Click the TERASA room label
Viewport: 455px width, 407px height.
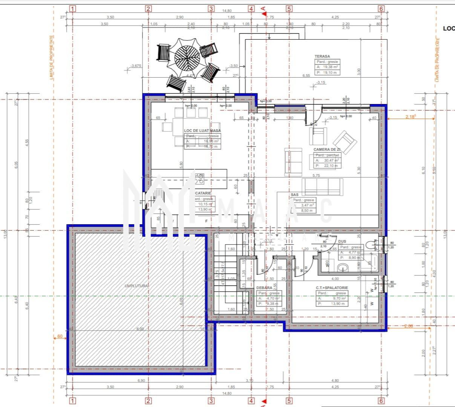point(322,57)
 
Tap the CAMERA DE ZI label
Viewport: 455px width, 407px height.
point(326,150)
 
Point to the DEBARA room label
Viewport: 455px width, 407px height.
point(264,288)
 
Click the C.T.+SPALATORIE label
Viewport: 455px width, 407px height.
point(332,288)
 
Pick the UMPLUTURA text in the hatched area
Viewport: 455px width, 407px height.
point(136,286)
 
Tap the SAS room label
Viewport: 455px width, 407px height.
point(294,195)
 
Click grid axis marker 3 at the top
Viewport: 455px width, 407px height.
point(211,9)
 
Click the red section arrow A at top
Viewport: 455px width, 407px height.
point(263,9)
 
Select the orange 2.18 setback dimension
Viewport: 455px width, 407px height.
point(411,117)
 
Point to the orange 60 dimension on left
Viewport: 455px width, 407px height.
point(60,337)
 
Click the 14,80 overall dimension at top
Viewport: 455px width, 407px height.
point(227,11)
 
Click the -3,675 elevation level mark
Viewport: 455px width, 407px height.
point(135,66)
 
